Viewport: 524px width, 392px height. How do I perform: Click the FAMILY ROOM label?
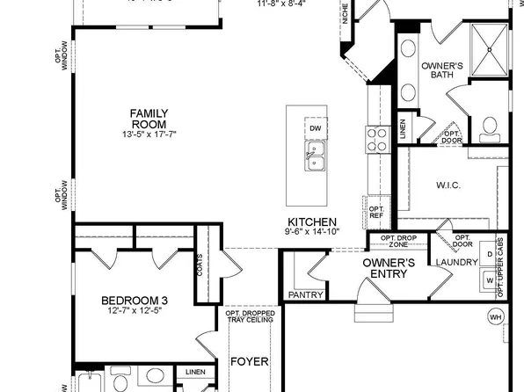coord(149,119)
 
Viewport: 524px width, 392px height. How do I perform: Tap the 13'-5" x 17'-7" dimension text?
coord(149,134)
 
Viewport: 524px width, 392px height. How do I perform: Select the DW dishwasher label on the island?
coord(315,128)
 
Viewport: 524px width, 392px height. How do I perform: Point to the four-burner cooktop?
coord(377,138)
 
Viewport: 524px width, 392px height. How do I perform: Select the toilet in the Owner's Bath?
coord(489,133)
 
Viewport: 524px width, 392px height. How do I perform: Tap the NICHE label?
coord(346,13)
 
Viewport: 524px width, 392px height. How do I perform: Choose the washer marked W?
coord(490,280)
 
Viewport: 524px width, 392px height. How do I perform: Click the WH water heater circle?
coord(496,316)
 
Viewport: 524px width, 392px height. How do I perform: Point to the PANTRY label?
coord(305,295)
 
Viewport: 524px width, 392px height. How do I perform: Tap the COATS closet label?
coord(200,265)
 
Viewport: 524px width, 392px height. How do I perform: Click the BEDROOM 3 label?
coord(134,301)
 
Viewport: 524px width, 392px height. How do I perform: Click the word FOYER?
coord(249,361)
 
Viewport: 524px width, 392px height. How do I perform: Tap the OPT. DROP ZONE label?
coord(398,241)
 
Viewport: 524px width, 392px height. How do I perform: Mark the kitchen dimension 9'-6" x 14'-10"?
coord(312,231)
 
